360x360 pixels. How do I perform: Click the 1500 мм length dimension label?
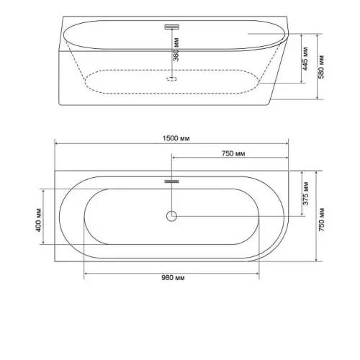pyautogui.click(x=176, y=138)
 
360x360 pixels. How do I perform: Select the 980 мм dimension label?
pyautogui.click(x=173, y=278)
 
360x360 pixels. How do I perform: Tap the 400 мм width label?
pyautogui.click(x=39, y=220)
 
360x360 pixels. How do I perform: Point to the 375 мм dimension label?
pyautogui.click(x=305, y=194)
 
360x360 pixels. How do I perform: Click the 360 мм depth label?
pyautogui.click(x=176, y=50)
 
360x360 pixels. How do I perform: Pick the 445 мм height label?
pyautogui.click(x=305, y=59)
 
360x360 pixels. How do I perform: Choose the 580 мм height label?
pyautogui.click(x=321, y=67)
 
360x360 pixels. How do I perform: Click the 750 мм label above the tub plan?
pyautogui.click(x=233, y=153)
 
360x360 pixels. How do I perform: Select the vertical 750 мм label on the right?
pyautogui.click(x=321, y=220)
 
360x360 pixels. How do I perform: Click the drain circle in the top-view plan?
pyautogui.click(x=171, y=216)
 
